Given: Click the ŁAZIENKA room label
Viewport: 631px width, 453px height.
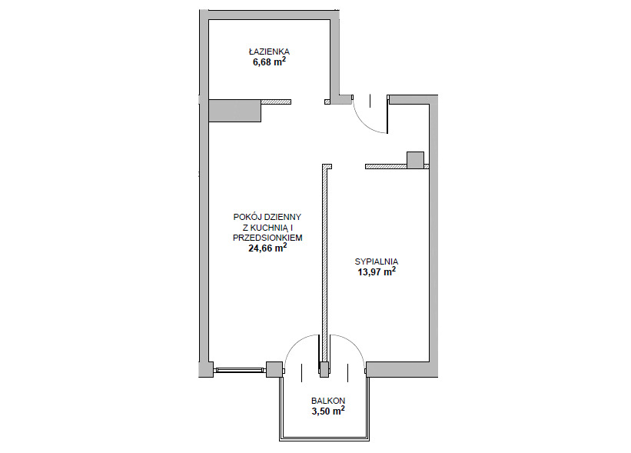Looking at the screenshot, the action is click(269, 52).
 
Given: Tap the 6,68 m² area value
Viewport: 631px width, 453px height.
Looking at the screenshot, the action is click(269, 62).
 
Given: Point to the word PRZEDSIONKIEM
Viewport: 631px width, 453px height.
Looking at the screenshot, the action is click(267, 238).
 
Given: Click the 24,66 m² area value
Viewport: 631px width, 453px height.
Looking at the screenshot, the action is click(267, 248).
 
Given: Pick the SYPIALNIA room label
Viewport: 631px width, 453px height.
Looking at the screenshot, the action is click(377, 261).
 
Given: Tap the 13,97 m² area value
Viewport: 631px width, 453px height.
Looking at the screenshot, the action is click(377, 271).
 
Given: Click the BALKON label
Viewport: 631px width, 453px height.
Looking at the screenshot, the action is click(328, 401).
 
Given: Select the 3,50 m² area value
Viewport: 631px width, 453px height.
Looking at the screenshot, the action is click(328, 411).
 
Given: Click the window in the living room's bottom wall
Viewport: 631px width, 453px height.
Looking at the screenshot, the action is click(240, 370).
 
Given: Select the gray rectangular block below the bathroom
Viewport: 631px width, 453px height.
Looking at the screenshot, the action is click(235, 111).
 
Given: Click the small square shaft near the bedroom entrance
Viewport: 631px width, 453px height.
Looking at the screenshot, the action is click(415, 160).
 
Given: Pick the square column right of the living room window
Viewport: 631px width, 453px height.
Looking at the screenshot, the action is click(274, 369).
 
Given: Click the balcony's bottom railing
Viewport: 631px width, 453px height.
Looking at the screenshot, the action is click(324, 439).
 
